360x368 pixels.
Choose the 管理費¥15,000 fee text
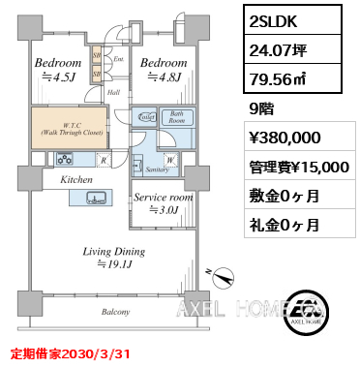298,166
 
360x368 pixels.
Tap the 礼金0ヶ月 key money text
285,225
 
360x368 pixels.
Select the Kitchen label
76,181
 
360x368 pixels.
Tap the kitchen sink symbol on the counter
97,199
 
